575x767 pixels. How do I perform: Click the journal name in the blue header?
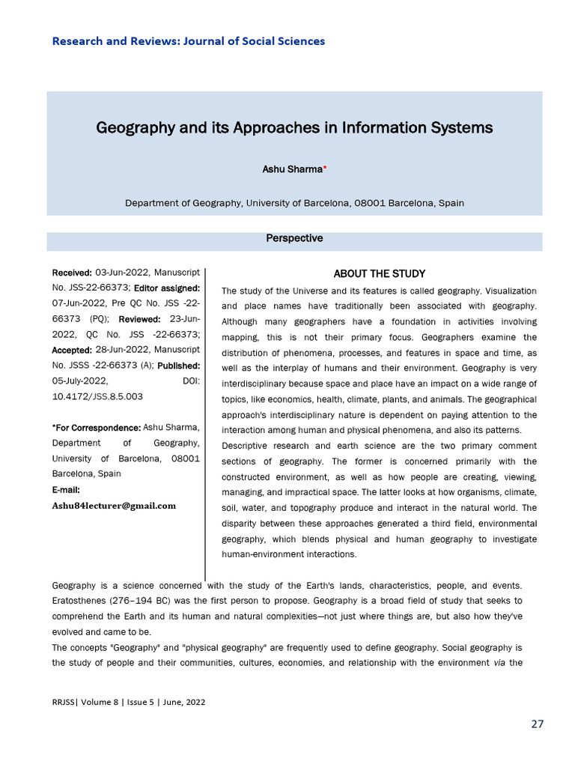pos(188,41)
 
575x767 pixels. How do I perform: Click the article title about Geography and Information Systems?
pos(294,127)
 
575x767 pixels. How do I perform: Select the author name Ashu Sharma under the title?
pos(291,170)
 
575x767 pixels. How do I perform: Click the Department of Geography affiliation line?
pos(294,203)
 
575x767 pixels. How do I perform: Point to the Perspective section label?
pos(294,238)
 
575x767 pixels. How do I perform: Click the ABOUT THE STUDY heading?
pos(379,273)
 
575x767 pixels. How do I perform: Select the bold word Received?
pos(72,272)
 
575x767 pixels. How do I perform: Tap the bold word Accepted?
pos(72,350)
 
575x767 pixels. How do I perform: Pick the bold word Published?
pos(178,366)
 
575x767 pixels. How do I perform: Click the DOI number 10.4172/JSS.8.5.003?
pos(97,396)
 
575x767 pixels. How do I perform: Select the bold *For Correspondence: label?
pos(96,427)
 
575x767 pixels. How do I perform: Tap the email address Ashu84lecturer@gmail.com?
pos(114,506)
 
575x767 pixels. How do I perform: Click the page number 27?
pos(538,724)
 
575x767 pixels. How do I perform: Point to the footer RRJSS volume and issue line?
pos(128,702)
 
